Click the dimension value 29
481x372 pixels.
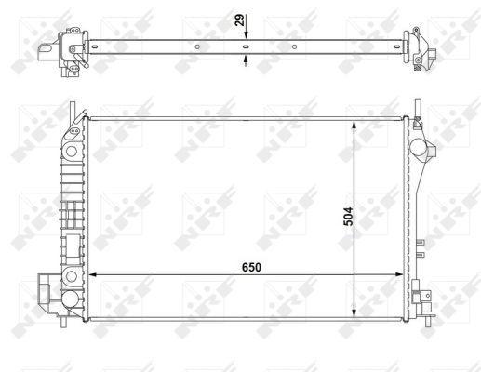point(240,20)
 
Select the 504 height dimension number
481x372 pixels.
point(348,217)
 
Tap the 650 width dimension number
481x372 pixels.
point(251,267)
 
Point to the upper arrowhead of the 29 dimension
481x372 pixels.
point(246,35)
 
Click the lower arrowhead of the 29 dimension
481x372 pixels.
point(246,59)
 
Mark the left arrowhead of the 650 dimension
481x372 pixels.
point(93,274)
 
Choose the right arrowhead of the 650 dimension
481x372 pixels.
point(399,274)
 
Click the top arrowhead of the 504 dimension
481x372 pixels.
point(354,125)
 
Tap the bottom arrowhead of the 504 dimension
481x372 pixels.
point(354,313)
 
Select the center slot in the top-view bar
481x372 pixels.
point(246,46)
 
